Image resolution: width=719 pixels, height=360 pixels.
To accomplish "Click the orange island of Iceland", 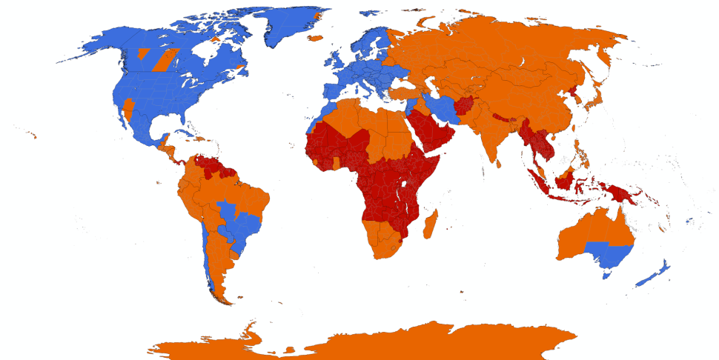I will (316, 37).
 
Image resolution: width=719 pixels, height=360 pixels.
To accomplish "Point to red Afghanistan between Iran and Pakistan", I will (467, 107).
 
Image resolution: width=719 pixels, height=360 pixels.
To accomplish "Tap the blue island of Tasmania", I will (607, 275).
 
